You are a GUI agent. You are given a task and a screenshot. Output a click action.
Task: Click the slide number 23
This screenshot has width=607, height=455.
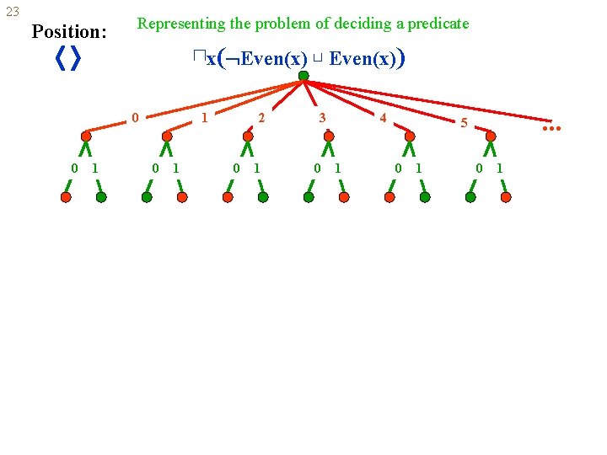coord(13,12)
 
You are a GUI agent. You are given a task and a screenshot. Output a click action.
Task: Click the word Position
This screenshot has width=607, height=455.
coord(67,33)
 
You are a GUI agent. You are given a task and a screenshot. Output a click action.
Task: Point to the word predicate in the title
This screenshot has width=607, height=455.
coord(438,24)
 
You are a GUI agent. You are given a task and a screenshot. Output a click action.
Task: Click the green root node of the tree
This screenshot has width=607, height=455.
coord(303,76)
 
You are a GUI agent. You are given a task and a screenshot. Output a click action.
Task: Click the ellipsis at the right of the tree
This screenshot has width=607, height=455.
coord(551,129)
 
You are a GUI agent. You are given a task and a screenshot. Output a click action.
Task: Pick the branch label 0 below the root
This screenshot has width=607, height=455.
coord(135,118)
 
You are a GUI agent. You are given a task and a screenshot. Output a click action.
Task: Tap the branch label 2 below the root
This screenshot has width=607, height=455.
coord(261,118)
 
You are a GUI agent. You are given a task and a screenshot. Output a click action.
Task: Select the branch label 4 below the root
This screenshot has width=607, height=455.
coord(383,118)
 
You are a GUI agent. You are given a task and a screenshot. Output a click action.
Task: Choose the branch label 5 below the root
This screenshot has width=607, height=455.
coord(463,123)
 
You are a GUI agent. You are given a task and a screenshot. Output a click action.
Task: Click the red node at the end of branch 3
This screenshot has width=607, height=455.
coord(329,136)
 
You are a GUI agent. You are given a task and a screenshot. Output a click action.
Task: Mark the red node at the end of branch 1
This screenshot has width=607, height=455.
coord(167,136)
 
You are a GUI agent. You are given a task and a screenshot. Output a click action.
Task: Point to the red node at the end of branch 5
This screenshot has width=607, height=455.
coord(491,136)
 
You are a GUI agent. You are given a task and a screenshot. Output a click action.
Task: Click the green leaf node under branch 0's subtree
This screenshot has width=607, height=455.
coord(101,197)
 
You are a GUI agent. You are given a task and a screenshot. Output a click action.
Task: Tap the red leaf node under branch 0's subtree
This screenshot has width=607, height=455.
coord(66,197)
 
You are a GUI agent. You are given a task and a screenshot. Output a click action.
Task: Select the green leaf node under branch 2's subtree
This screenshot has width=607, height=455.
coord(263,197)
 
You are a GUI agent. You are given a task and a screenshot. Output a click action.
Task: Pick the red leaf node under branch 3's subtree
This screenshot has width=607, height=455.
coord(344,197)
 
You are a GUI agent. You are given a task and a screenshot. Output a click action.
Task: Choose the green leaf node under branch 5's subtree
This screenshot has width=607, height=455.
coord(470,197)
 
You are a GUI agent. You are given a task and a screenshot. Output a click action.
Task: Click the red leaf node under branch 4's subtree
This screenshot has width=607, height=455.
coord(389,197)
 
